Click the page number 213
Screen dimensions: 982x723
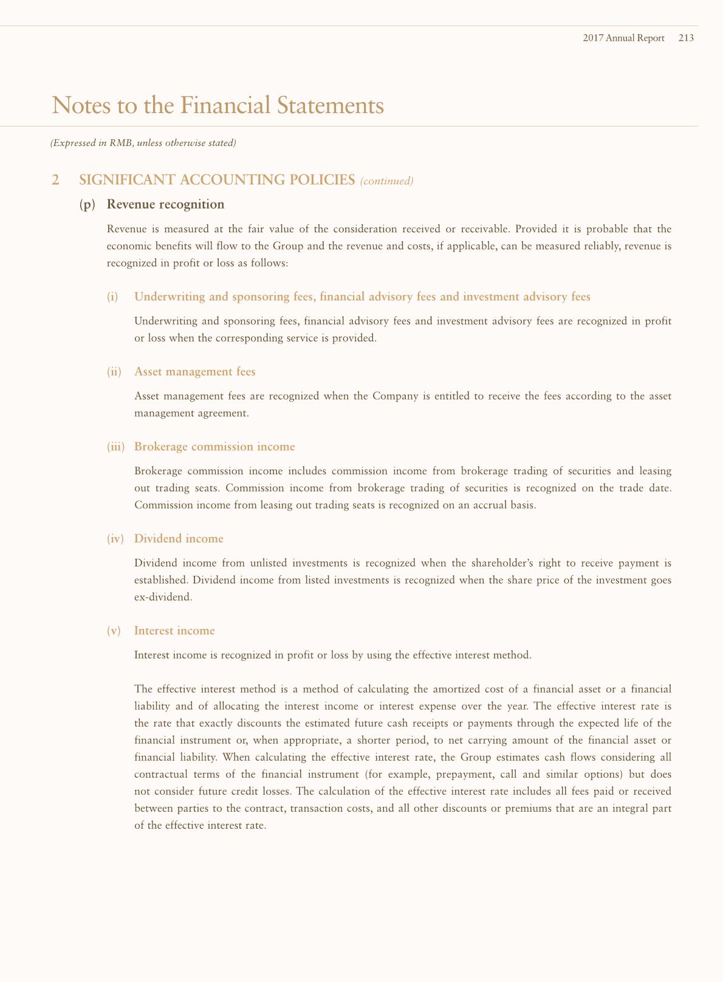pos(686,38)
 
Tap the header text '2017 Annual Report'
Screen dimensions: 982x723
pos(623,38)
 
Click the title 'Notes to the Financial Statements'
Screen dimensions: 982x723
pos(218,105)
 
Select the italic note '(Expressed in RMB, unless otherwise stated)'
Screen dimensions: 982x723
pos(143,143)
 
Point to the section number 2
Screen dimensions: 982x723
pos(56,180)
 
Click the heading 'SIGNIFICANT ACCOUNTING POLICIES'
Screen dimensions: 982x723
pos(217,180)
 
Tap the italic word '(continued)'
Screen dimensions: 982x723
pos(387,181)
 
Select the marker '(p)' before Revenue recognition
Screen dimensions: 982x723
pos(87,204)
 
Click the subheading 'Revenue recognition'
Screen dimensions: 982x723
pos(165,204)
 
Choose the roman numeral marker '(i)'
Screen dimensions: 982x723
pos(112,297)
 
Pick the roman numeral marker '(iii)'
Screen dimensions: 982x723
pos(115,447)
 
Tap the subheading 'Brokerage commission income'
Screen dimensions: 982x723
pos(214,447)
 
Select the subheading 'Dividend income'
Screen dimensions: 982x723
pos(179,539)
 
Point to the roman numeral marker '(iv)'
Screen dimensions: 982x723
pos(115,539)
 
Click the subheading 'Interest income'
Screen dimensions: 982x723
pos(174,631)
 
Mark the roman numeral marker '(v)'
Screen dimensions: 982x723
pos(114,631)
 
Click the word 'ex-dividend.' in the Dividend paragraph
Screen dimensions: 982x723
pos(163,597)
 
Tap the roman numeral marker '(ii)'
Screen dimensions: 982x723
pos(114,372)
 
